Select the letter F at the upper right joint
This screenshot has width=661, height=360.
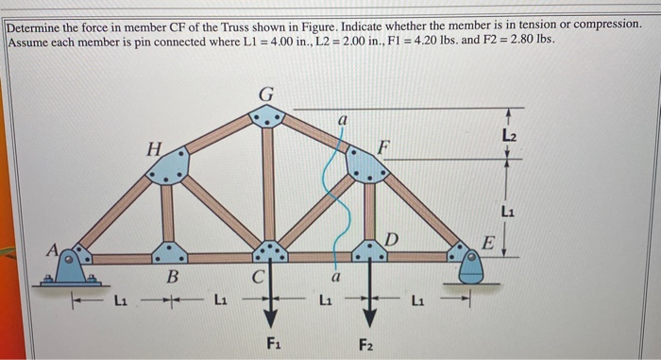tap(381, 146)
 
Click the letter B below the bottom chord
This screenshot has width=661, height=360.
tap(172, 280)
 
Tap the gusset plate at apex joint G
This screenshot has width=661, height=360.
tap(268, 117)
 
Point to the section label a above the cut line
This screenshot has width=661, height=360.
tap(345, 121)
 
